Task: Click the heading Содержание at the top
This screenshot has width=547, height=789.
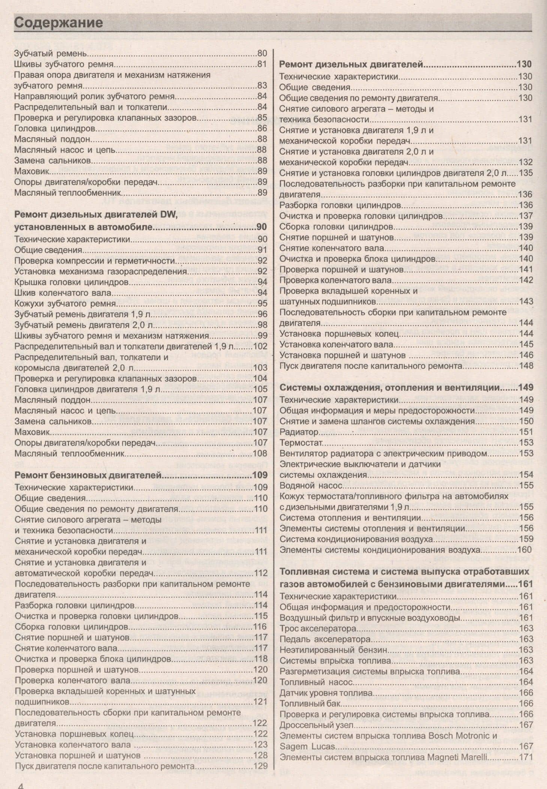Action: [x=58, y=22]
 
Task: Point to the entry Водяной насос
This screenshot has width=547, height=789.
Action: [x=311, y=486]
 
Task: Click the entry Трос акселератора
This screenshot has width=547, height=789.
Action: [x=318, y=628]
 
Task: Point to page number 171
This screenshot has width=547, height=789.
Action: [x=526, y=757]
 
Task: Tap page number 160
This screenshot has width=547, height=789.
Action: [x=525, y=550]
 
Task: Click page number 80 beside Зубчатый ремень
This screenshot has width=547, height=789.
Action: [x=262, y=53]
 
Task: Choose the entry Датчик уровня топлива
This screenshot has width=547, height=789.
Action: [x=326, y=693]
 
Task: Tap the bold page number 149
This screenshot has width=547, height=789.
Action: [x=526, y=388]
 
